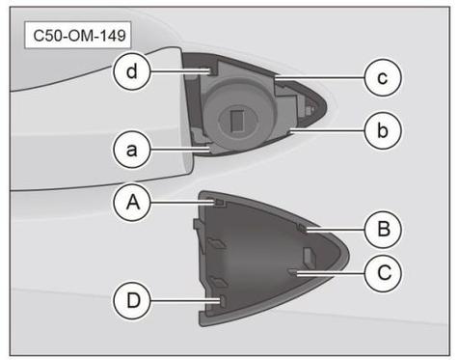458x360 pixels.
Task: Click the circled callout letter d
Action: [x=132, y=71]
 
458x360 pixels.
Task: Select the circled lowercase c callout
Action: [x=383, y=77]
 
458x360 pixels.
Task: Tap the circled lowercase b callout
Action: [x=383, y=130]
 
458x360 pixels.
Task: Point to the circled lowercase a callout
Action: [x=132, y=150]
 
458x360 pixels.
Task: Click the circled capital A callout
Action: [x=132, y=203]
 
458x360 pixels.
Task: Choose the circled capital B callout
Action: [x=383, y=229]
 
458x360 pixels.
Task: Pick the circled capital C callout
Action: [x=383, y=273]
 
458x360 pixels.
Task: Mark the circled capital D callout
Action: [x=132, y=301]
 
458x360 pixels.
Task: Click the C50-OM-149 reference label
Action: [x=78, y=35]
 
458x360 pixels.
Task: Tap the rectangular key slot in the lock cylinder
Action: [x=237, y=121]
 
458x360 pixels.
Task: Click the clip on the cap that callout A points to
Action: [x=219, y=203]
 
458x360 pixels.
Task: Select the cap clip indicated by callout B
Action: [x=302, y=229]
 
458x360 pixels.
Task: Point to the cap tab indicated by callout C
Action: [x=293, y=273]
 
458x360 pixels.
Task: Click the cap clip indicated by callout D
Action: [x=223, y=301]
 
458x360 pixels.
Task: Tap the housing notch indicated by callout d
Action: [x=211, y=71]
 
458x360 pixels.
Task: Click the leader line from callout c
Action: [x=320, y=77]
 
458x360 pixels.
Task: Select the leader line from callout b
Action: [x=327, y=130]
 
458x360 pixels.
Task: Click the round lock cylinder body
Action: [x=240, y=115]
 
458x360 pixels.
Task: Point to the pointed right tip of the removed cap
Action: [x=348, y=258]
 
